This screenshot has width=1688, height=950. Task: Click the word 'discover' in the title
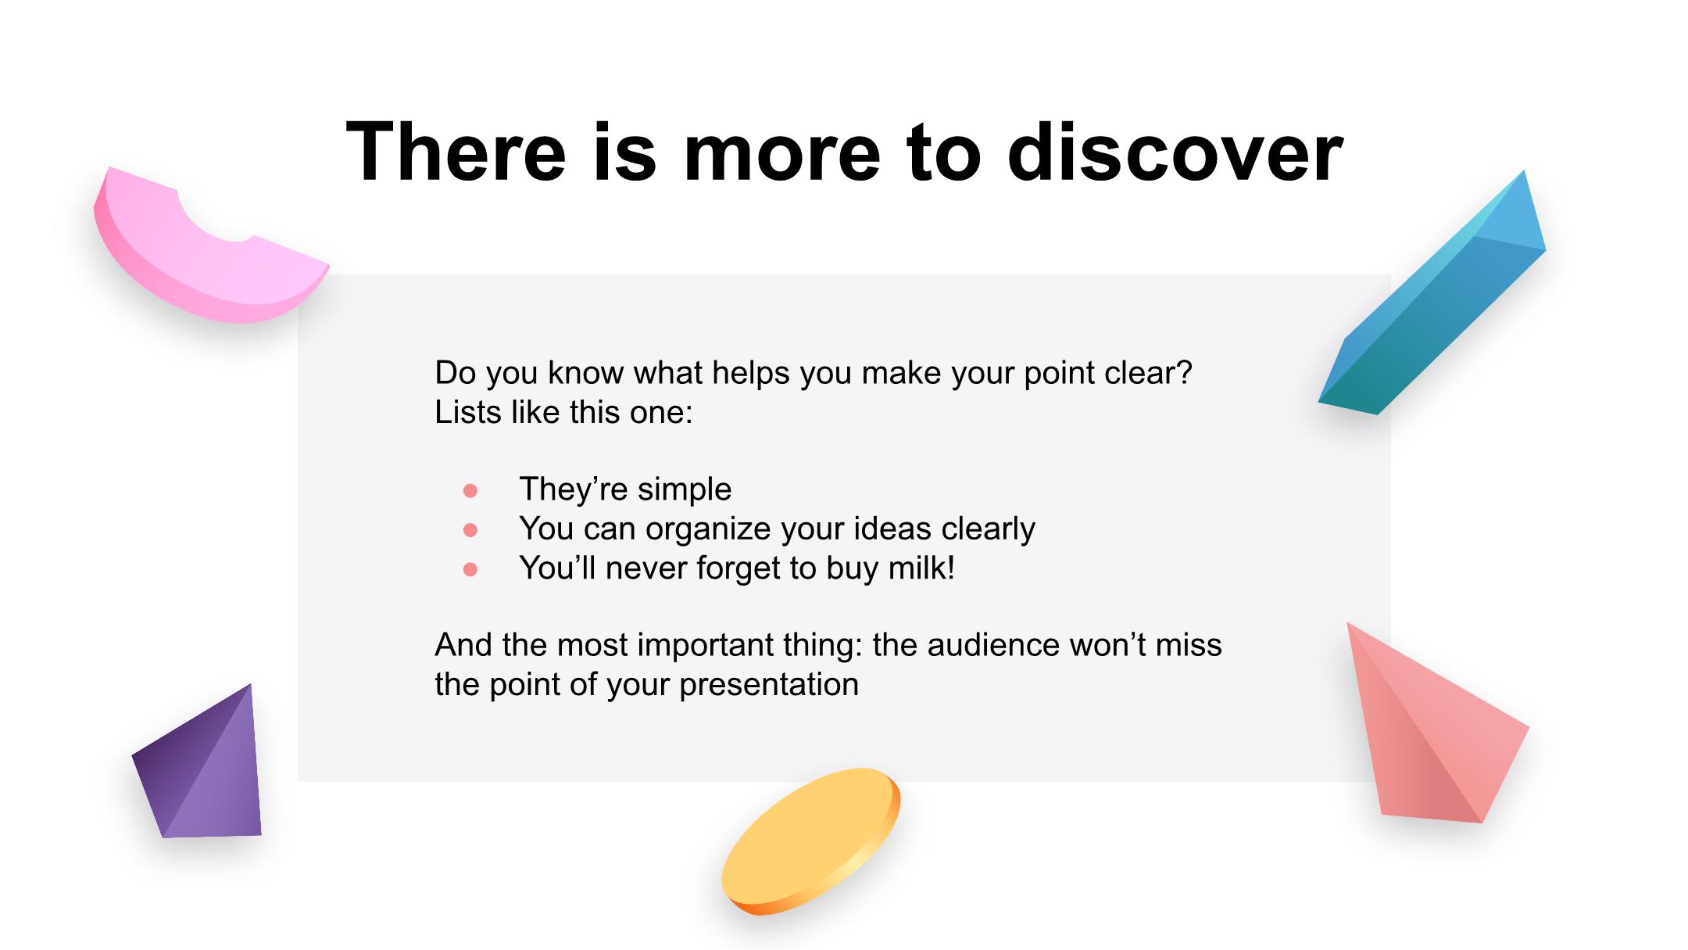tap(1175, 152)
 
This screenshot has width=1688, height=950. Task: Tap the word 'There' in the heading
tap(456, 152)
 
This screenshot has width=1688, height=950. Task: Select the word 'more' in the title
tap(782, 160)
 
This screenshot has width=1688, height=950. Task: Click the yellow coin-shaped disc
tap(810, 841)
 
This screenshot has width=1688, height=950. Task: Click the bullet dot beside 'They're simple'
tap(470, 490)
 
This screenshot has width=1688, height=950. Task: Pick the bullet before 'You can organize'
tap(470, 530)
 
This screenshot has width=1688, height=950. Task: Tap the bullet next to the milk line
tap(470, 569)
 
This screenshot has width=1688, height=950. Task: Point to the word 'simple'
tap(685, 490)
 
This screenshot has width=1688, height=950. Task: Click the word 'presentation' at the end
tap(769, 686)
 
